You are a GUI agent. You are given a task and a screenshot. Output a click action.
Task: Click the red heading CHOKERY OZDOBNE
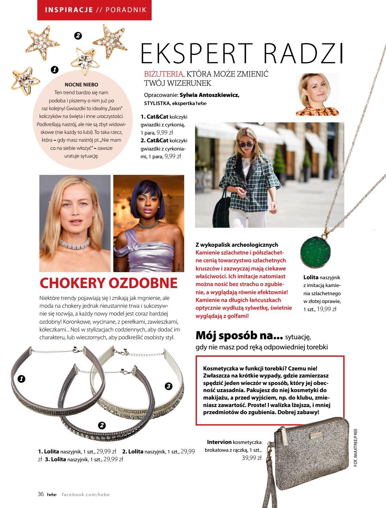pyautogui.click(x=109, y=283)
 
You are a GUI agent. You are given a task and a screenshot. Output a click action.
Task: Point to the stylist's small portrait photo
pyautogui.click(x=317, y=95)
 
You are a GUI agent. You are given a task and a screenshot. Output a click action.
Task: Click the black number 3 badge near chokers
pyautogui.click(x=169, y=386)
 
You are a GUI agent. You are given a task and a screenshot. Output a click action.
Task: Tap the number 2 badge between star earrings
pyautogui.click(x=78, y=36)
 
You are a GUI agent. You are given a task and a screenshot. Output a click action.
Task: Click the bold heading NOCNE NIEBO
pyautogui.click(x=81, y=85)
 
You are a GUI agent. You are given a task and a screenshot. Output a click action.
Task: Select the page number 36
pyautogui.click(x=41, y=494)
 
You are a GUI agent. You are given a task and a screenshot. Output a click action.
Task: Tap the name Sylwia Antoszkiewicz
pyautogui.click(x=209, y=95)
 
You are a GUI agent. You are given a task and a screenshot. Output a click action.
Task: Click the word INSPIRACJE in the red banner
pyautogui.click(x=69, y=10)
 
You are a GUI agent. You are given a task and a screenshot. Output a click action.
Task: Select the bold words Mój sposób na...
pyautogui.click(x=239, y=336)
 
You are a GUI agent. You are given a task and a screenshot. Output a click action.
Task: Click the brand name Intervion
pyautogui.click(x=219, y=442)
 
